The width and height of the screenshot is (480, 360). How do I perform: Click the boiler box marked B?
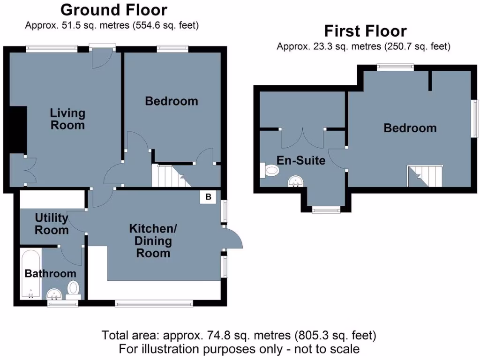(x=208, y=197)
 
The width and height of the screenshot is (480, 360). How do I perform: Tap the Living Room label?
(x=68, y=119)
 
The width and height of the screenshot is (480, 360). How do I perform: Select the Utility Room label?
(x=52, y=224)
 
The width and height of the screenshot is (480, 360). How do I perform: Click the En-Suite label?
(x=301, y=161)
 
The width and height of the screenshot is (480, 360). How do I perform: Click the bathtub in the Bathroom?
(x=31, y=274)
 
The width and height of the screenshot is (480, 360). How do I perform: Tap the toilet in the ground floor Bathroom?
(x=74, y=289)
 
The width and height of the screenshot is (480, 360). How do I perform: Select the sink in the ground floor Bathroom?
(x=55, y=294)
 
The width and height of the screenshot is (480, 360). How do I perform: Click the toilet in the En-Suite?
(x=270, y=171)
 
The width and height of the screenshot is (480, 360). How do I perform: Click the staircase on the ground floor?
(x=168, y=175)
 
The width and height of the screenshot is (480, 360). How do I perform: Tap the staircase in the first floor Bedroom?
(x=425, y=175)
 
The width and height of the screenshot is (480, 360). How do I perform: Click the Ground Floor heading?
(x=114, y=10)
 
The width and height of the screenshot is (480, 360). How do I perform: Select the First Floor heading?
(x=366, y=31)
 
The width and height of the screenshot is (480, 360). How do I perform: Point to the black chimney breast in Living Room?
(x=17, y=130)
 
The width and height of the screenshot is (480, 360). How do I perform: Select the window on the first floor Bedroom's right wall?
(x=474, y=118)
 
